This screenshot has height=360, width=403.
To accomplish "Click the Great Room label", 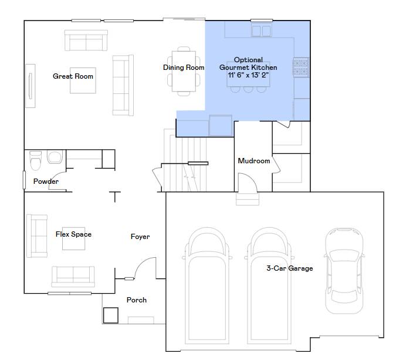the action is [x=73, y=76].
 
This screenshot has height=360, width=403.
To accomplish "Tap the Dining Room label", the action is [x=184, y=68].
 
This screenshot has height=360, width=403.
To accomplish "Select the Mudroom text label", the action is [x=254, y=161].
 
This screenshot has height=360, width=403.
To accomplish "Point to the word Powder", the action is [x=46, y=181].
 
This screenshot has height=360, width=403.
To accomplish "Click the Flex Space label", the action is [x=73, y=234].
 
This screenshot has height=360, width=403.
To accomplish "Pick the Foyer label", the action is [x=140, y=237].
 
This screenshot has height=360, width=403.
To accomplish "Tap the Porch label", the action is [x=137, y=300].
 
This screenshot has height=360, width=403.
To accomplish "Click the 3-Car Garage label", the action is [x=290, y=268].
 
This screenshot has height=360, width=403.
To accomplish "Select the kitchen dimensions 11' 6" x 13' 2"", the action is [x=248, y=75].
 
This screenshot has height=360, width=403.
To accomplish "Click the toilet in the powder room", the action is [x=35, y=161].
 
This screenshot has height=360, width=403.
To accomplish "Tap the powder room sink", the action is [x=55, y=157].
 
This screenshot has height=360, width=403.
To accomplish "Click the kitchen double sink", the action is [x=262, y=31].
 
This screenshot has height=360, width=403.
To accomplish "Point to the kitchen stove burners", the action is [x=301, y=67].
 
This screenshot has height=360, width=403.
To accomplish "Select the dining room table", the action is [x=184, y=71].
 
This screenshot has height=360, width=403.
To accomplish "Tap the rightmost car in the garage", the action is [x=344, y=271].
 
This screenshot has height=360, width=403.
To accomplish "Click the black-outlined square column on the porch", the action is [x=111, y=315].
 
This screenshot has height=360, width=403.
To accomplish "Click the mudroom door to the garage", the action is [x=247, y=182].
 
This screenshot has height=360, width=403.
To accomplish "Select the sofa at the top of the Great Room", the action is [x=86, y=41].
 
